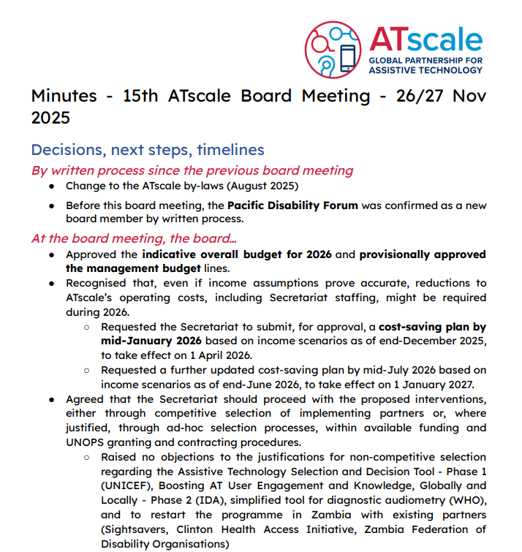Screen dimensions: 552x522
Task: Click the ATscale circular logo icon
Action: [x=334, y=49]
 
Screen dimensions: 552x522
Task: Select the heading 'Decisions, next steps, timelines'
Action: [x=147, y=150]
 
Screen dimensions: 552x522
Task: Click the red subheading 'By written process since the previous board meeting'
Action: [x=192, y=170]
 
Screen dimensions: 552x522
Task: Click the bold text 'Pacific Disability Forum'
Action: [x=292, y=205]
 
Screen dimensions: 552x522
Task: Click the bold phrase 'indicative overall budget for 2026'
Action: [x=237, y=255]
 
